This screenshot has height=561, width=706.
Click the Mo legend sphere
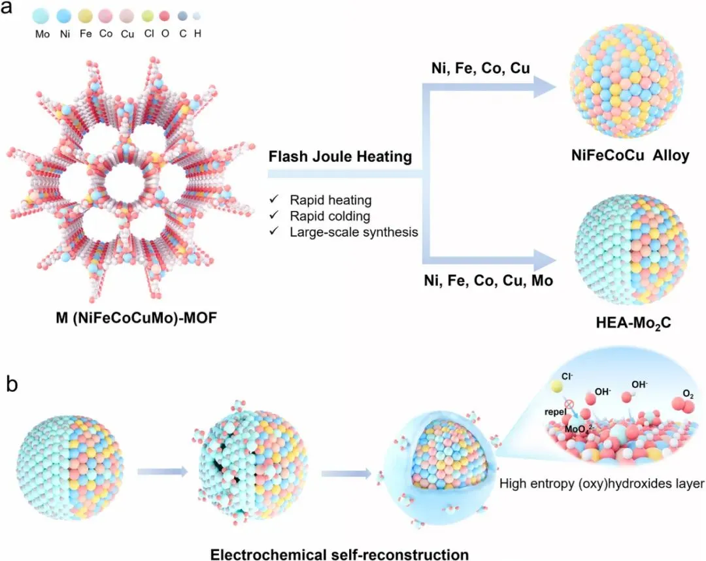pyautogui.click(x=41, y=16)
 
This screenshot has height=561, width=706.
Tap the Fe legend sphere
pyautogui.click(x=84, y=16)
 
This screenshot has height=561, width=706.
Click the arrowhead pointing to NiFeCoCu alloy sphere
pyautogui.click(x=543, y=87)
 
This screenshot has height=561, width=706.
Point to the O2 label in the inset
pyautogui.click(x=687, y=395)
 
